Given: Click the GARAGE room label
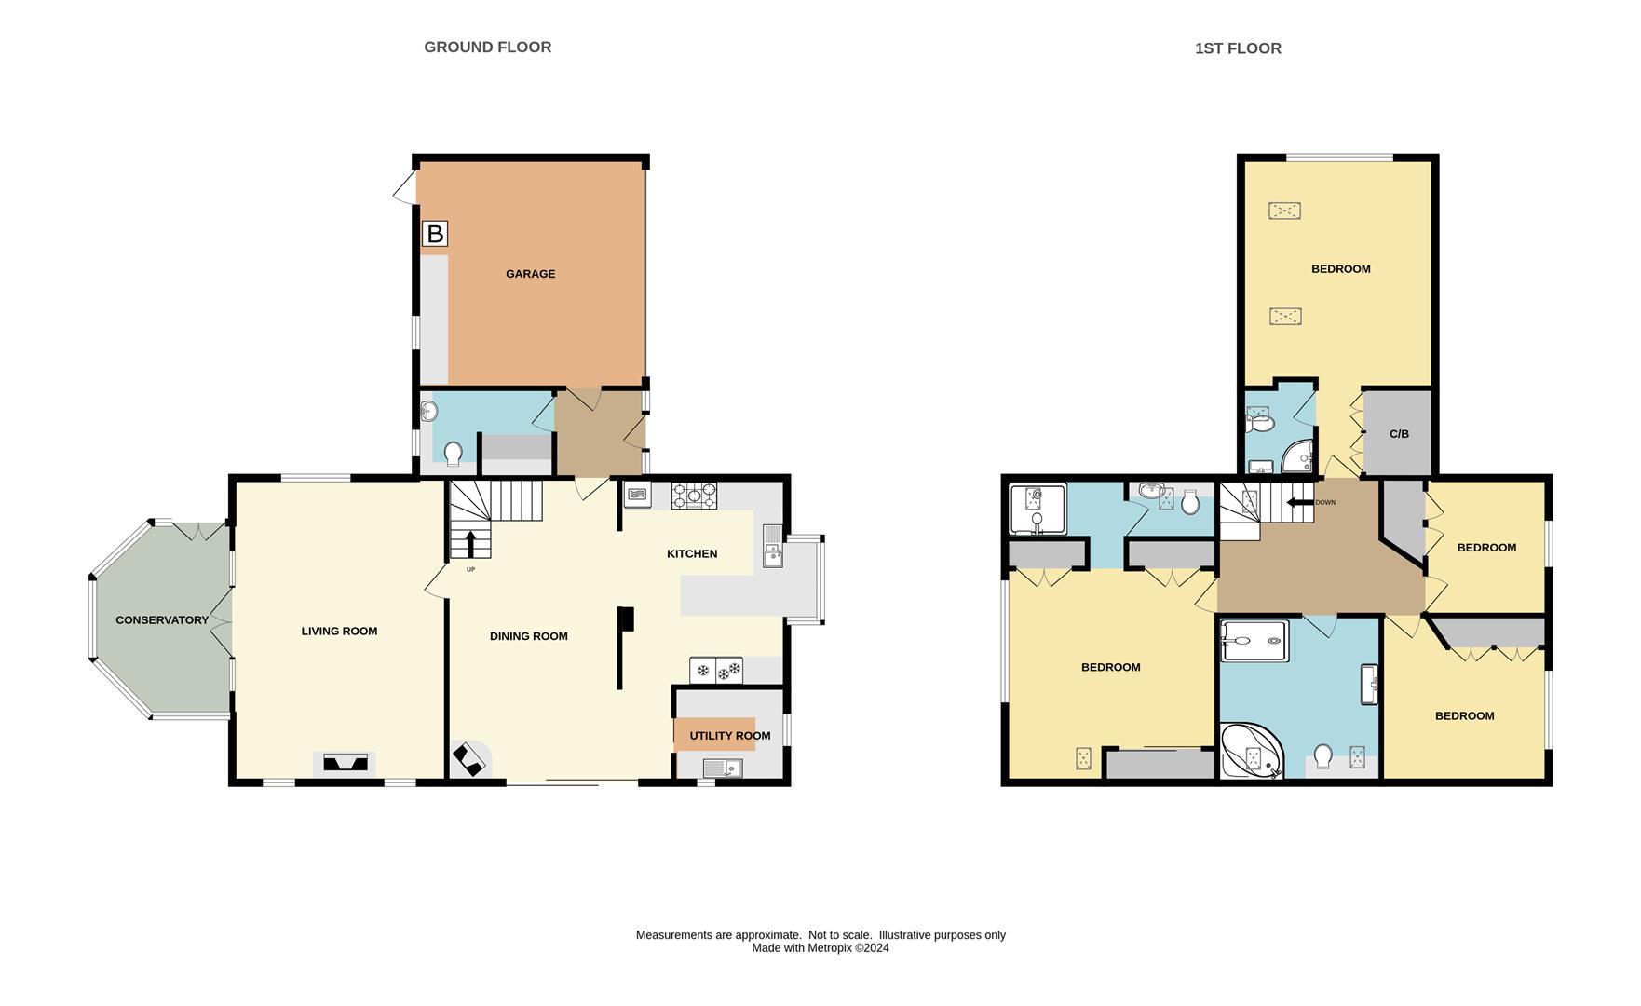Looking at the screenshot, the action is coord(530,274).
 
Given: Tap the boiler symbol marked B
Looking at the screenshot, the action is coord(435,233).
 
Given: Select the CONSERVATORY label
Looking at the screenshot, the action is coord(162,620).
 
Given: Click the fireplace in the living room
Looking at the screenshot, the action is coord(346,763).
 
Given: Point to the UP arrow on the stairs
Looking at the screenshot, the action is coord(470,543).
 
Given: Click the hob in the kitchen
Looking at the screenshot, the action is coord(695,495).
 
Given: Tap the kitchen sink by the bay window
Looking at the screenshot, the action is coord(773,546).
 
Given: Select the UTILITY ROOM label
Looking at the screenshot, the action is coord(730,736).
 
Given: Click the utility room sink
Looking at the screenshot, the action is coord(723,768).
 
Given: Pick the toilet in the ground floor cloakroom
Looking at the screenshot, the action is coord(454,454).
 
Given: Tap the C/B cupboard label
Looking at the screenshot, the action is coord(1399,434).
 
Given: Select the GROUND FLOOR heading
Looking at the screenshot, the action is coord(488,48).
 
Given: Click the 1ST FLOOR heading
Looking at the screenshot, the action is coord(1238,48).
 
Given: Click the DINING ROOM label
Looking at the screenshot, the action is coord(529,637).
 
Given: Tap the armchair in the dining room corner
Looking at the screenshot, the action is coord(468,758).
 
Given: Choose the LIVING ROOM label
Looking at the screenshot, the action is coord(339,632).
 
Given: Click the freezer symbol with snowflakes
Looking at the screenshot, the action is coord(716,670).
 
